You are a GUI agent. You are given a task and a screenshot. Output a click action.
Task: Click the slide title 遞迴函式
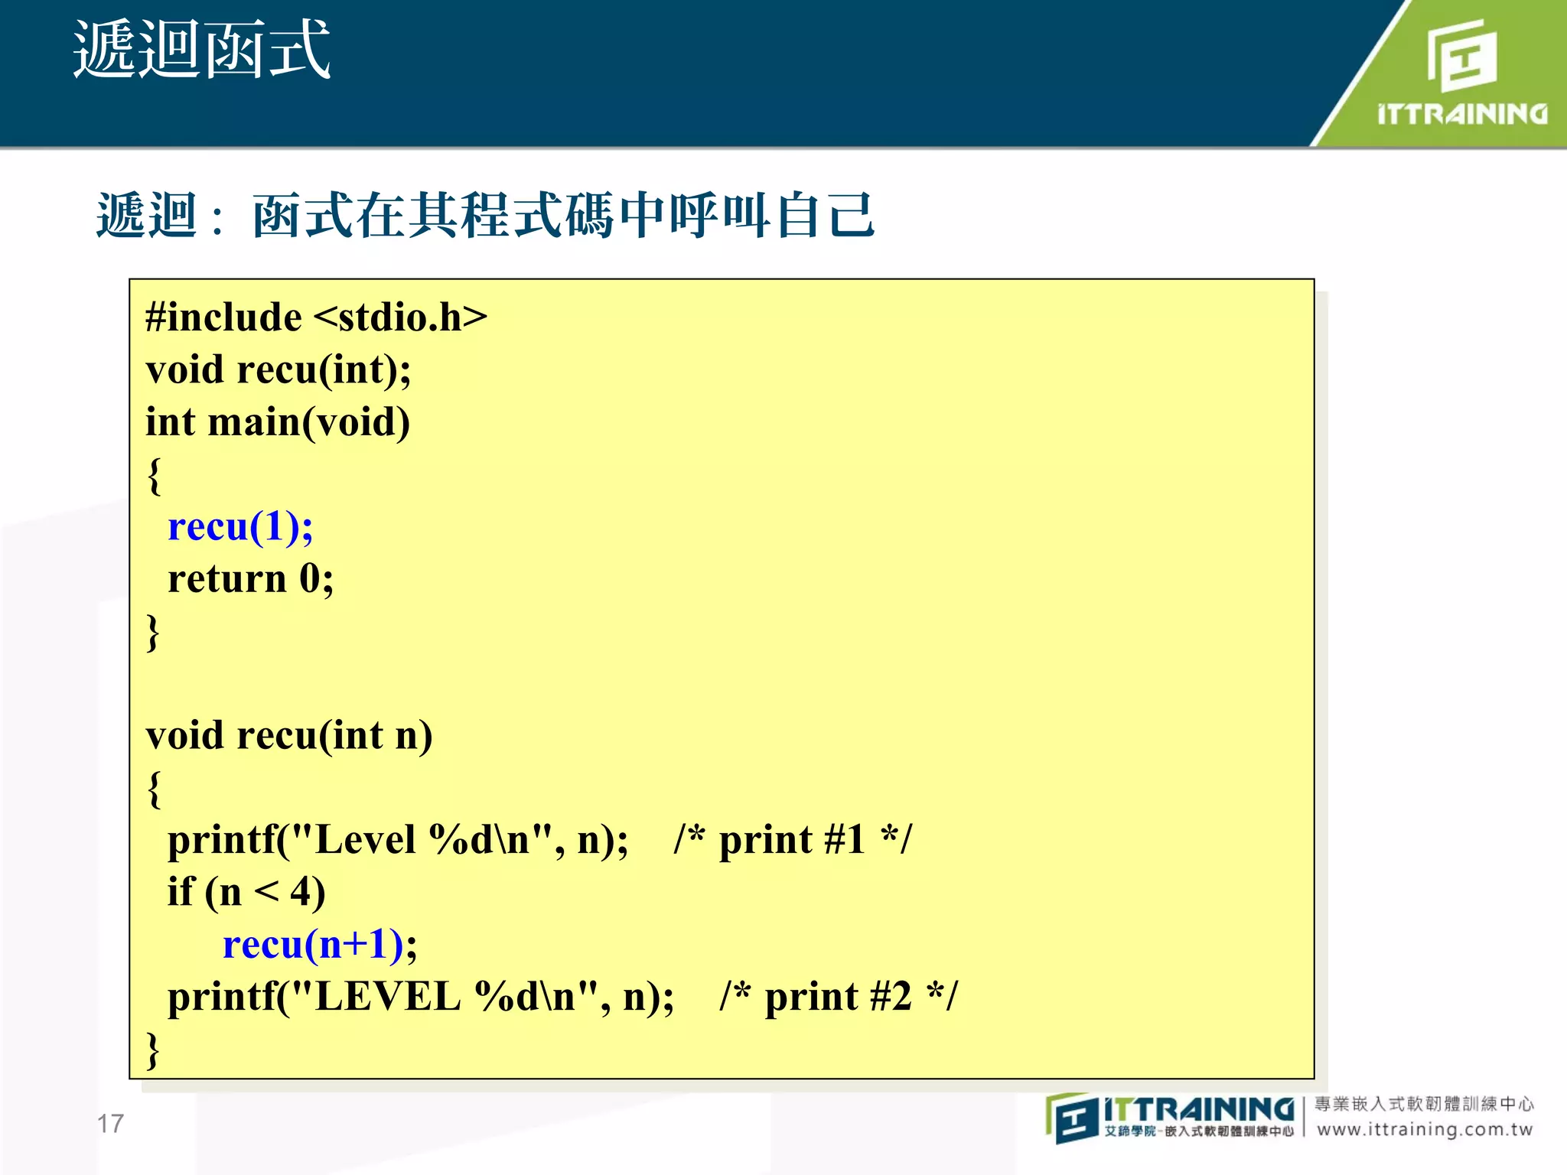(201, 50)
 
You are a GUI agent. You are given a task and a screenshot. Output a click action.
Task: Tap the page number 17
(110, 1123)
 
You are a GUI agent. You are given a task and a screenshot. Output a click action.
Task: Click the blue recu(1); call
(240, 527)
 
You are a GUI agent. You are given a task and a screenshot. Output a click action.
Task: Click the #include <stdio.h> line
(316, 317)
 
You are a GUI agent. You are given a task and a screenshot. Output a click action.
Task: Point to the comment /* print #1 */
(792, 840)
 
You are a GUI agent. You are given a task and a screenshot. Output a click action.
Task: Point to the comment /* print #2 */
(838, 997)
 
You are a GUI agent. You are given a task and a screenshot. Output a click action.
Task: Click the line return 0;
(250, 579)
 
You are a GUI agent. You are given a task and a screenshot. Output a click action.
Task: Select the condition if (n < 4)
(246, 892)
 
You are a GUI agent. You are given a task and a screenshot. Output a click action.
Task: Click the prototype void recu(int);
(279, 370)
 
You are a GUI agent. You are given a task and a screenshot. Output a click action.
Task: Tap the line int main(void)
(278, 422)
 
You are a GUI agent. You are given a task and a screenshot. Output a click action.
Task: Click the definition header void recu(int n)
(289, 736)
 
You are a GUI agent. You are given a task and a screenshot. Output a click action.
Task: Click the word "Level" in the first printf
(365, 840)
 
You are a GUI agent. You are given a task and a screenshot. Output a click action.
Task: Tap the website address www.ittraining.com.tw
(1425, 1130)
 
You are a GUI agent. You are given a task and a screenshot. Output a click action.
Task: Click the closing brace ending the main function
(153, 631)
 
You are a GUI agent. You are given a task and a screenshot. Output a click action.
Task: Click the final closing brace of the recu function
(153, 1049)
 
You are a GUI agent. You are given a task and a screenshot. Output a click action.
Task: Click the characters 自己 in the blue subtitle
(824, 215)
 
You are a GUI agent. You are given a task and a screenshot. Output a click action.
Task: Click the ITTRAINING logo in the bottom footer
(1171, 1117)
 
